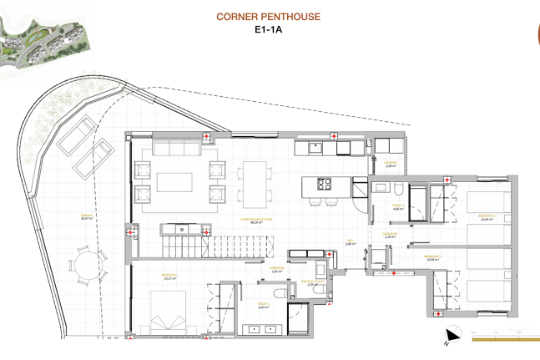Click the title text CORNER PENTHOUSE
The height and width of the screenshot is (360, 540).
click(x=267, y=17)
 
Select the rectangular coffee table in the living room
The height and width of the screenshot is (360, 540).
click(x=175, y=182)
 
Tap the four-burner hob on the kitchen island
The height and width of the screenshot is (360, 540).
click(x=323, y=183)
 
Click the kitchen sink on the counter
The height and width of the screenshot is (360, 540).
click(x=317, y=148)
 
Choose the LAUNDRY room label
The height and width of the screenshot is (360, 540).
click(x=390, y=165)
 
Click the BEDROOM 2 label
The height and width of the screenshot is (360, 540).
click(x=487, y=216)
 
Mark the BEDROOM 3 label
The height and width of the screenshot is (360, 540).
click(x=432, y=257)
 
